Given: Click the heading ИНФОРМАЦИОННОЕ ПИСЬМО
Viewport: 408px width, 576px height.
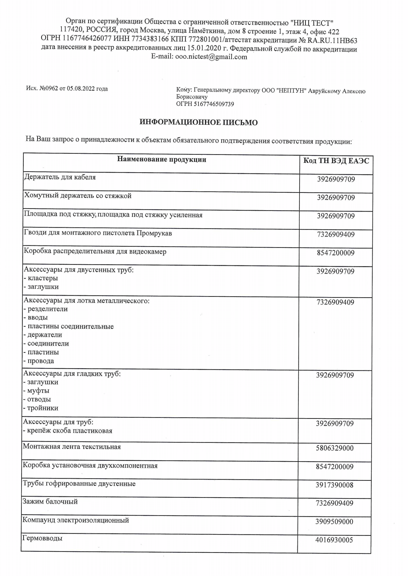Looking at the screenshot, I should point(199,122).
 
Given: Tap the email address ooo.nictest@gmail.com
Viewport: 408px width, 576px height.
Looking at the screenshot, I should point(211,57).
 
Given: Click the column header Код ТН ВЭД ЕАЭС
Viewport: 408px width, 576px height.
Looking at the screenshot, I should point(336,161).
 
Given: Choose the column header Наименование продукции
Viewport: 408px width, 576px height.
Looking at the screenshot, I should point(162,159).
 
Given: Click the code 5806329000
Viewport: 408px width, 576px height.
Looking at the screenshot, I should point(335,448).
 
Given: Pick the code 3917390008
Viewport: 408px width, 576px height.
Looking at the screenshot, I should point(334,485).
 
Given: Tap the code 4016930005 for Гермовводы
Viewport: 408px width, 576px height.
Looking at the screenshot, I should point(334,540).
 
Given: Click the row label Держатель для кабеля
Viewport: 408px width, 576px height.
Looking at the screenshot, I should point(60,177).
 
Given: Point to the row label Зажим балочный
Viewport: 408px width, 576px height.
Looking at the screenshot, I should point(50,502).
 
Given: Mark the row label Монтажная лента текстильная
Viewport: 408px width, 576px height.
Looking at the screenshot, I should point(72,447).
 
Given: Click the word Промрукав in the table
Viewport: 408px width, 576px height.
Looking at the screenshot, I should point(154,233).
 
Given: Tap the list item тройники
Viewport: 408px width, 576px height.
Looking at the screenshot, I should point(43,408).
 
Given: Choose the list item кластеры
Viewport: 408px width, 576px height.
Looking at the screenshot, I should point(43,278).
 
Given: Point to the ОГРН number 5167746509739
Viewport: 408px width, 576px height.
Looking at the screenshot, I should point(214,104).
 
